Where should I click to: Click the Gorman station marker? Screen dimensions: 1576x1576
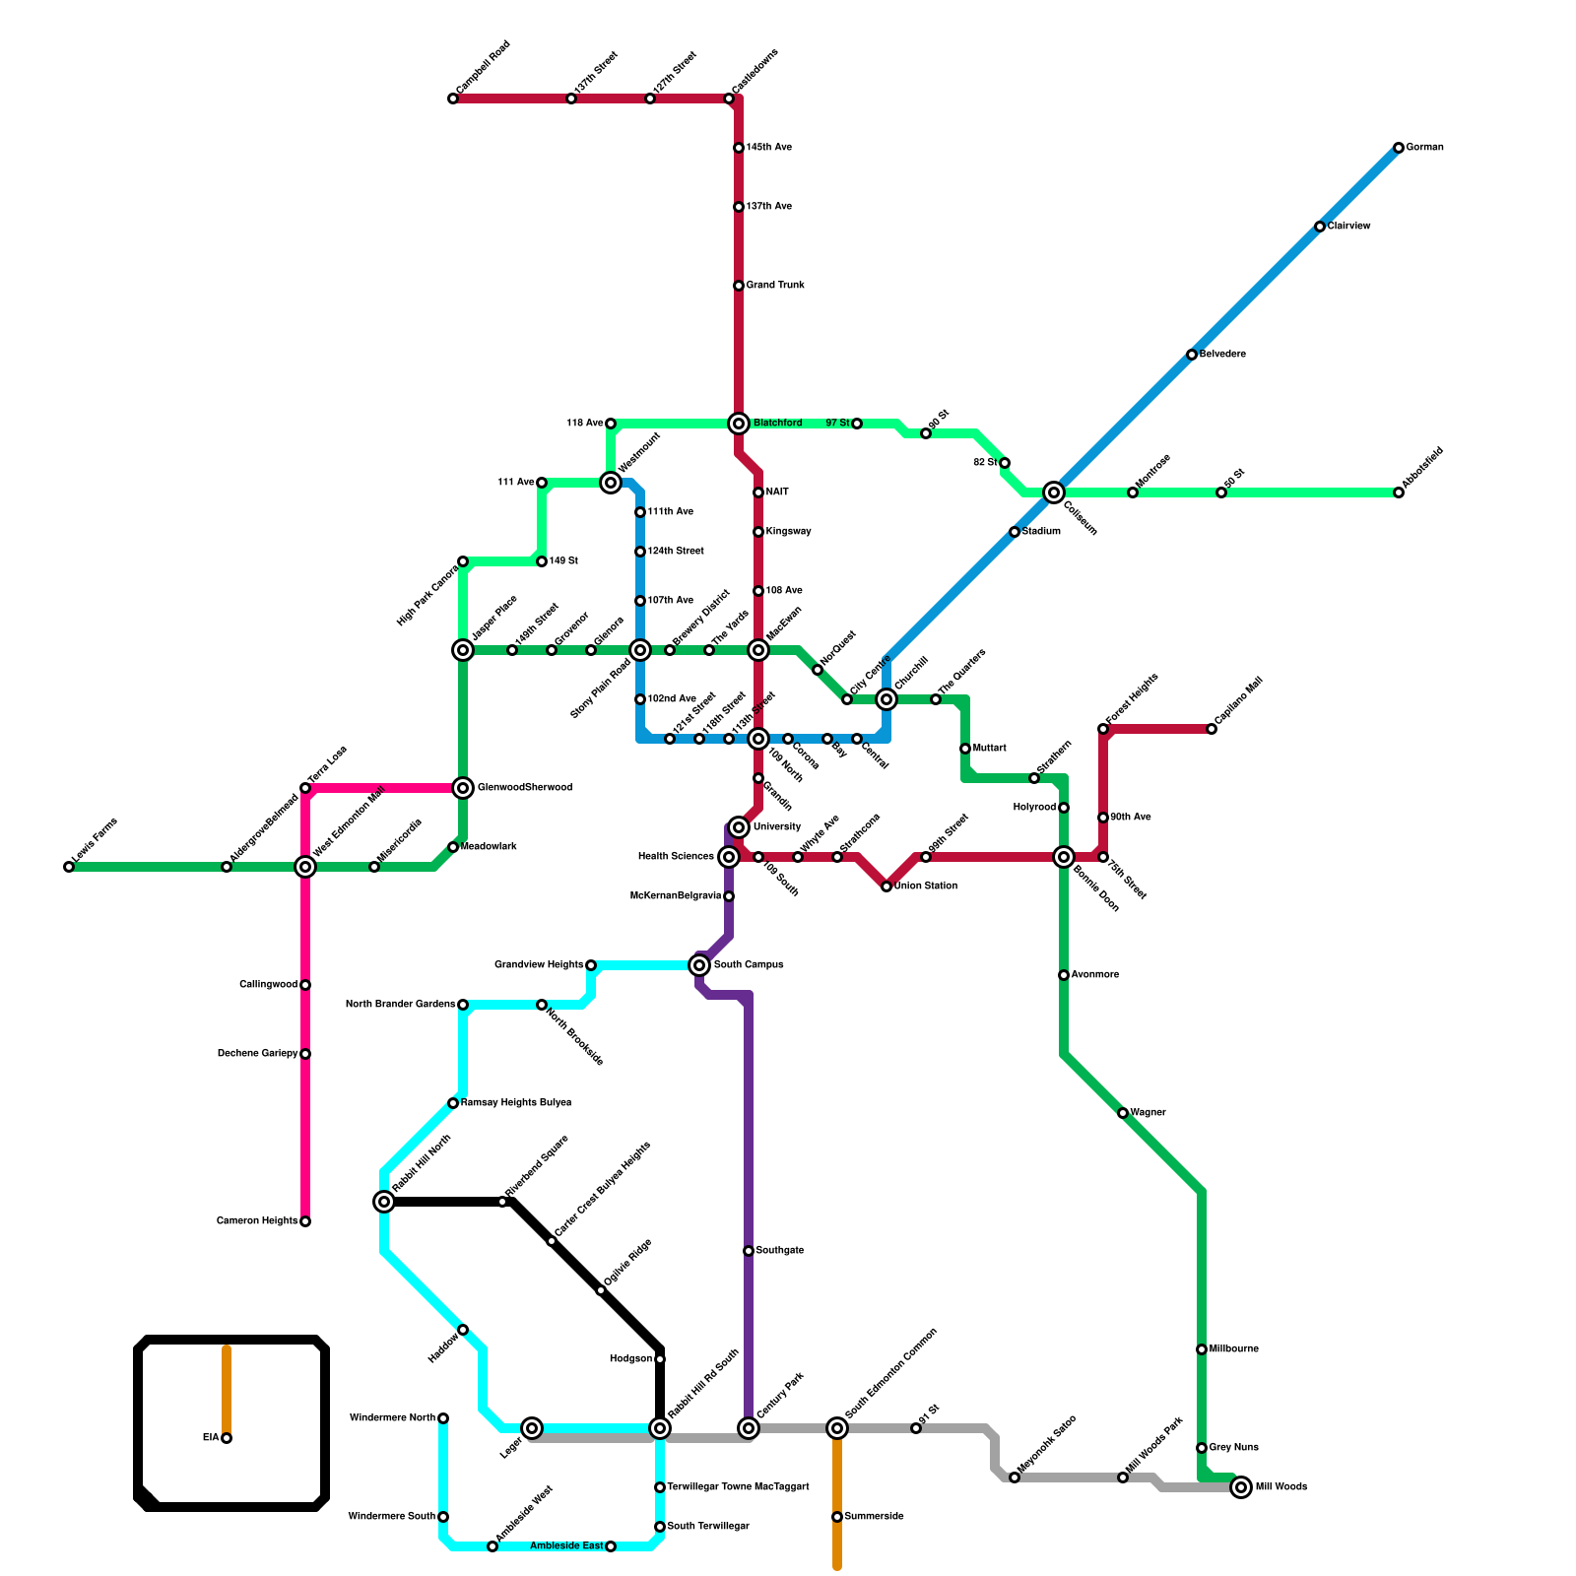1399,148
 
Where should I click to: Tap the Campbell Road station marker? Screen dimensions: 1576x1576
453,98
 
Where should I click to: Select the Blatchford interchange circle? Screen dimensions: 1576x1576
739,424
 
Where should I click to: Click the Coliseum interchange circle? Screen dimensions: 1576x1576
1054,492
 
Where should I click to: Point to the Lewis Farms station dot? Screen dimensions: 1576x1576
69,867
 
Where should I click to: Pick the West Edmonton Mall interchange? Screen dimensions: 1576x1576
305,867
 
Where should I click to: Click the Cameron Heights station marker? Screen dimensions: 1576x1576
305,1221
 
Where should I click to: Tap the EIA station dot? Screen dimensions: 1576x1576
227,1438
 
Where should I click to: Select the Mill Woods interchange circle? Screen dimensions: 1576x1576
1241,1487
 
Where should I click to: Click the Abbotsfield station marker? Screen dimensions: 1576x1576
1399,492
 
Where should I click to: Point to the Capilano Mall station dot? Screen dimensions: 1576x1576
1212,729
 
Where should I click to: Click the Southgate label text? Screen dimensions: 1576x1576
780,1251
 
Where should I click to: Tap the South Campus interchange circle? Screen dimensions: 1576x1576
699,965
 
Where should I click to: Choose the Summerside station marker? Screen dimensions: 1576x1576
837,1517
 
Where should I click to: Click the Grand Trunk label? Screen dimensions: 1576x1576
775,286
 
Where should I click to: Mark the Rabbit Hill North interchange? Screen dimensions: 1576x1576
384,1202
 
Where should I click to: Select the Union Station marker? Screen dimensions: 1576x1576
886,886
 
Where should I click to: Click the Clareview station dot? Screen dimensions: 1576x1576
1320,227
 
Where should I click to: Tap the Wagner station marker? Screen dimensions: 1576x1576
1123,1113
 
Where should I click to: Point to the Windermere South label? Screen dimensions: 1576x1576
391,1517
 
